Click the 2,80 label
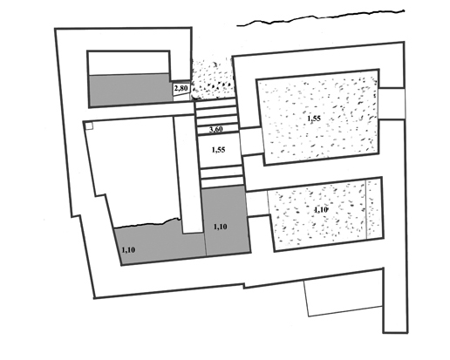(181, 88)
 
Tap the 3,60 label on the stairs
(216, 129)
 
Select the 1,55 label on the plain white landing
(218, 150)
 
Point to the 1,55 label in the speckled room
(314, 119)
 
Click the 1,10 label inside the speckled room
(321, 210)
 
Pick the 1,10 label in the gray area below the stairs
(221, 227)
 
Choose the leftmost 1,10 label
(128, 249)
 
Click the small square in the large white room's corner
(89, 126)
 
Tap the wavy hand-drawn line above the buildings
(321, 17)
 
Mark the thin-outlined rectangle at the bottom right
(344, 296)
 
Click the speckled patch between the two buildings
(213, 79)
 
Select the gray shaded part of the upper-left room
(131, 90)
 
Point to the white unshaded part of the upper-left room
(129, 63)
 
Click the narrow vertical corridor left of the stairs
(188, 174)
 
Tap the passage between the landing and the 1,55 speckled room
(250, 141)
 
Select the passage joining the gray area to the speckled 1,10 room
(257, 203)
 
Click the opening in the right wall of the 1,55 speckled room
(391, 104)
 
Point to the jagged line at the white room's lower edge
(147, 222)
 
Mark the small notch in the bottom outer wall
(243, 286)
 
